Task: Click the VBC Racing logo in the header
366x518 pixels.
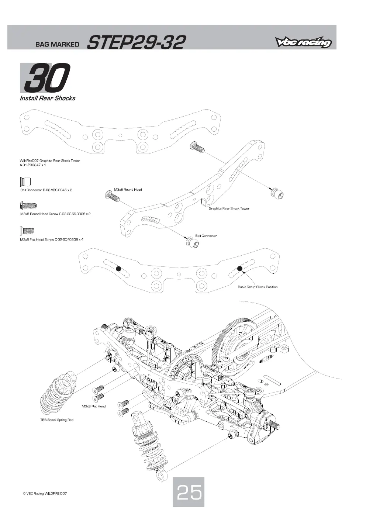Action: point(303,42)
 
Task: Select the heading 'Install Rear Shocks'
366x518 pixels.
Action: point(47,98)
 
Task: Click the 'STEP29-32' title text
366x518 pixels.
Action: point(136,42)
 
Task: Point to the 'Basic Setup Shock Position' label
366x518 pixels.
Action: point(258,287)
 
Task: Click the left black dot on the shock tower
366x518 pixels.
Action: point(118,269)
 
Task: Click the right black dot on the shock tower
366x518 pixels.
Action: point(240,269)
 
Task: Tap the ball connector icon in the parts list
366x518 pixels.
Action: point(25,182)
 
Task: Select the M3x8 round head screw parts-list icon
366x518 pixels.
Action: point(28,206)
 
